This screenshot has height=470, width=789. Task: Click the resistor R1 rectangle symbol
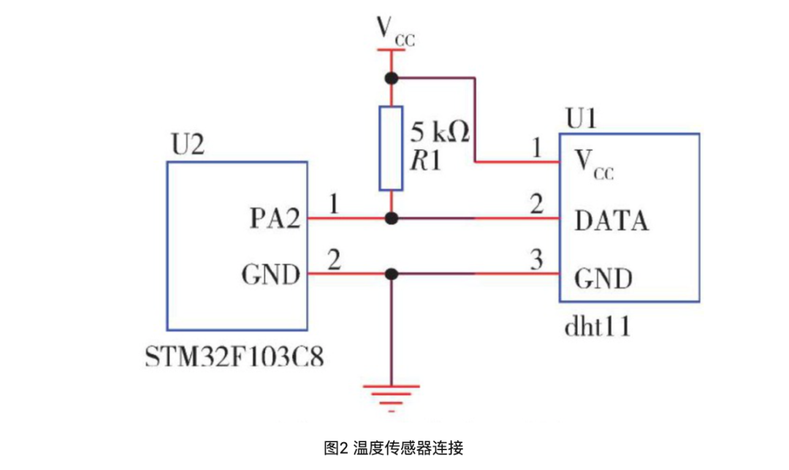point(391,148)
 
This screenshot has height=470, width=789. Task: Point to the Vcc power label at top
point(394,31)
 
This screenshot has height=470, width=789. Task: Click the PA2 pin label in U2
point(273,219)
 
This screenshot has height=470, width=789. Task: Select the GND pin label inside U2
point(270,275)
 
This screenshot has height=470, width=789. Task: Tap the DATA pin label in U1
point(611,220)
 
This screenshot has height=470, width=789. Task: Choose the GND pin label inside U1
point(603,278)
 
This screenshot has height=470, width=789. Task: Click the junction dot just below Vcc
point(392,77)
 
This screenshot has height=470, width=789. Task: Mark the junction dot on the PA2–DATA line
point(392,218)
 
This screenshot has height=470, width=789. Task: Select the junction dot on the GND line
point(392,274)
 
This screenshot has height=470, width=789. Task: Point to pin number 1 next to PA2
point(333,205)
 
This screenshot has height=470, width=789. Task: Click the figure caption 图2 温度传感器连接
point(394,448)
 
